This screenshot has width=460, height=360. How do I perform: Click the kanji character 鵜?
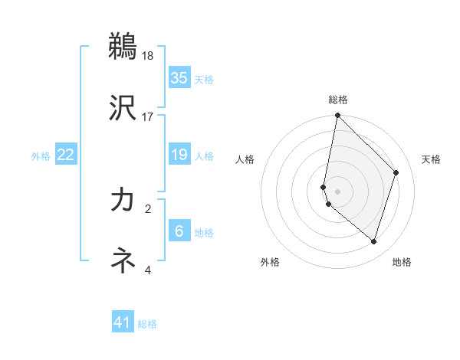coord(123,47)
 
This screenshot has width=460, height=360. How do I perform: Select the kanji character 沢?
coord(123,108)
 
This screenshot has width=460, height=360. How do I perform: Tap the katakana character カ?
coord(123,200)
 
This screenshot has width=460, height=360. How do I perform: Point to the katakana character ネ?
coord(123,261)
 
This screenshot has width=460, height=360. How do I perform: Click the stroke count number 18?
coord(148,56)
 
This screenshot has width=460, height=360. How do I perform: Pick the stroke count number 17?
coord(148,117)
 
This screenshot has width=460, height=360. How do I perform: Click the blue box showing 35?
coord(179,78)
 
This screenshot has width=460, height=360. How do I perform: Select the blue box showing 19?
coord(179,155)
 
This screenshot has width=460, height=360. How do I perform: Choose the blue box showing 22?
coord(66,155)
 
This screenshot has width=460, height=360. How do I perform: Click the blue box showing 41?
coord(123,323)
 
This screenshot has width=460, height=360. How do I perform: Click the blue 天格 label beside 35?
coord(204,80)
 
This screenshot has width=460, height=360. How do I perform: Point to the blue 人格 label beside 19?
coord(204,156)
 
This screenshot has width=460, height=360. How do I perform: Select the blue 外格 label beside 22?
coord(41,156)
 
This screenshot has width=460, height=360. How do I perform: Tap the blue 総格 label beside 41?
coord(147,324)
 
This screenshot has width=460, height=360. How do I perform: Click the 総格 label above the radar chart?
coord(338,100)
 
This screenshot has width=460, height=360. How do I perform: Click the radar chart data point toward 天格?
coord(396,172)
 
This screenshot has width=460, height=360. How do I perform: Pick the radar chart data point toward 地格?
coord(373,242)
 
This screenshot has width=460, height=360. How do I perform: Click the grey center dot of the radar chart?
coord(338,191)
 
